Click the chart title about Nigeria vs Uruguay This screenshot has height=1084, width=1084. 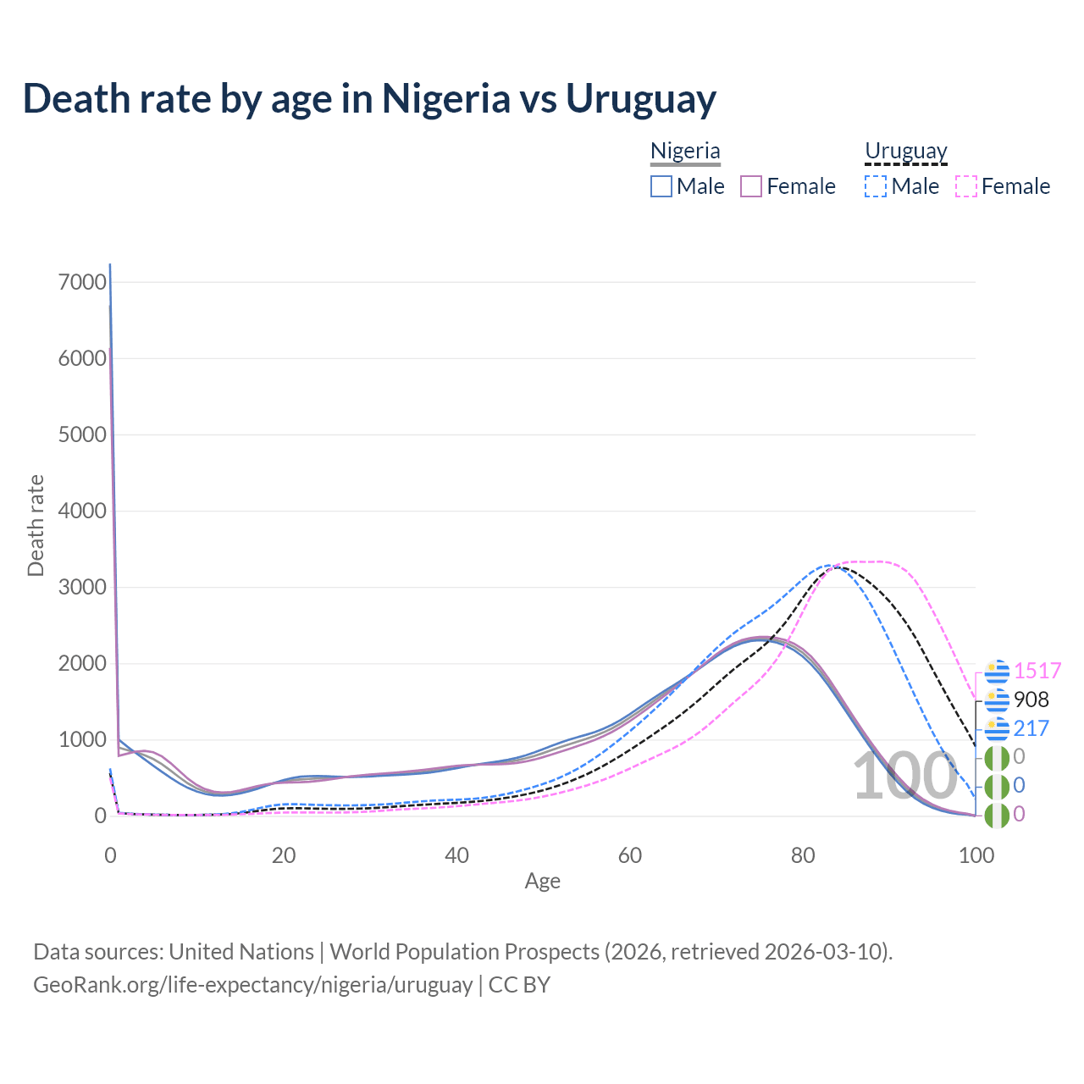point(369,98)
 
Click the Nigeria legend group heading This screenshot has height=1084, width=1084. point(685,151)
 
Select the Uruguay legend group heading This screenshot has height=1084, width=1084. point(905,151)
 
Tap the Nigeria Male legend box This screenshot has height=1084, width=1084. point(661,186)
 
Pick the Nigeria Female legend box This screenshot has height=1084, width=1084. point(751,186)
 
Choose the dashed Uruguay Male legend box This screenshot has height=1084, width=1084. point(876,186)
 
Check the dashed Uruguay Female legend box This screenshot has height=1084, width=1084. point(965,186)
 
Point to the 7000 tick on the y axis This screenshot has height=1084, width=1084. point(82,282)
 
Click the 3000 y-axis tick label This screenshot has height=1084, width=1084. point(82,587)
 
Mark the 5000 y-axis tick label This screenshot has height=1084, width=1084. point(82,434)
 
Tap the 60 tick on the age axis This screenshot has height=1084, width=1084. point(630,855)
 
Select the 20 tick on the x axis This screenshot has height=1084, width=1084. point(284,855)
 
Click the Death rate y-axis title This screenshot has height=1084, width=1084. point(36,525)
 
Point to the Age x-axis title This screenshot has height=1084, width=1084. point(542,882)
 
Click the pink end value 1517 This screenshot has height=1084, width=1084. point(1037,671)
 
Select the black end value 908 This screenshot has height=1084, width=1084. point(1031,700)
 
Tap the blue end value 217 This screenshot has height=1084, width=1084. point(1031,728)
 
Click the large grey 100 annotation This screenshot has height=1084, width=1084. point(904,776)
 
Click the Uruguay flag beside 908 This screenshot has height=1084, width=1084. point(998,700)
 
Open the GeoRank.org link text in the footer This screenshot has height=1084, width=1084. point(252,985)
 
